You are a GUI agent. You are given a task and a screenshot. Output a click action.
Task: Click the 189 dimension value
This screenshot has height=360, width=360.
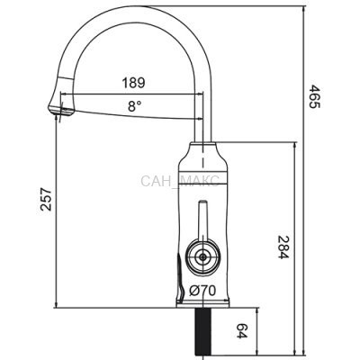tap(133, 83)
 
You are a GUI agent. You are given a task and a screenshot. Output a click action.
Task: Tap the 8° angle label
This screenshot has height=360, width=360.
tap(134, 106)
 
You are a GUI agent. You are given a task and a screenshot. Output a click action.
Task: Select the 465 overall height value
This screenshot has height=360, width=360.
tap(315, 96)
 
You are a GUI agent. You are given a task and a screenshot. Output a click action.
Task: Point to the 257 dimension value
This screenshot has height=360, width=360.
tap(46, 200)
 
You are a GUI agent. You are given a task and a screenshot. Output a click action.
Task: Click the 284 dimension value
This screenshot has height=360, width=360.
tap(283, 247)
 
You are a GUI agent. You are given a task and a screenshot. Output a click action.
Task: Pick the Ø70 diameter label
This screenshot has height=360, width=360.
tap(202, 291)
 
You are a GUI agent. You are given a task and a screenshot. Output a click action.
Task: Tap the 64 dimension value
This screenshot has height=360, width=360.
tap(241, 330)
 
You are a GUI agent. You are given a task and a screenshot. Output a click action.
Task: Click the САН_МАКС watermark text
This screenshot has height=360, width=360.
tap(180, 181)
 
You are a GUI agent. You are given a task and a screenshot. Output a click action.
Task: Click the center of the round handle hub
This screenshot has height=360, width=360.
tap(203, 256)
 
